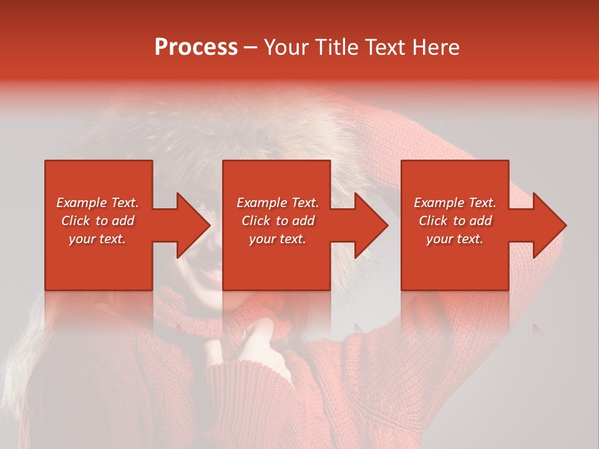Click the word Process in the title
(196, 47)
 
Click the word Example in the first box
(81, 203)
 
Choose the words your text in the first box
(97, 239)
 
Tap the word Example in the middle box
(261, 203)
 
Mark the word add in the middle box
(303, 221)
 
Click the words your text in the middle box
(278, 239)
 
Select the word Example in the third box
(439, 203)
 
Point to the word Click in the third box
(434, 221)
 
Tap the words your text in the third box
(455, 239)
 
